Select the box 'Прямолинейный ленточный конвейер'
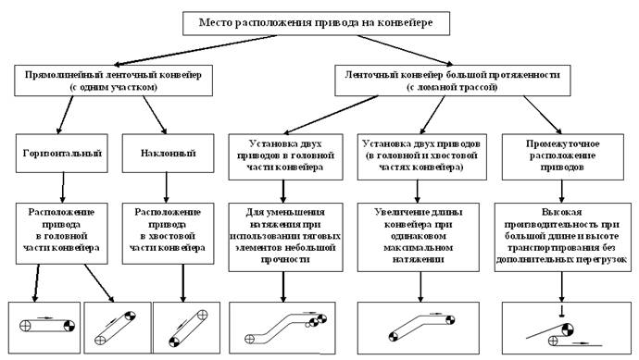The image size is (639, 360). tap(113, 81)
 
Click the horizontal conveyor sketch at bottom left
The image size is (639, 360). tap(43, 327)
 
